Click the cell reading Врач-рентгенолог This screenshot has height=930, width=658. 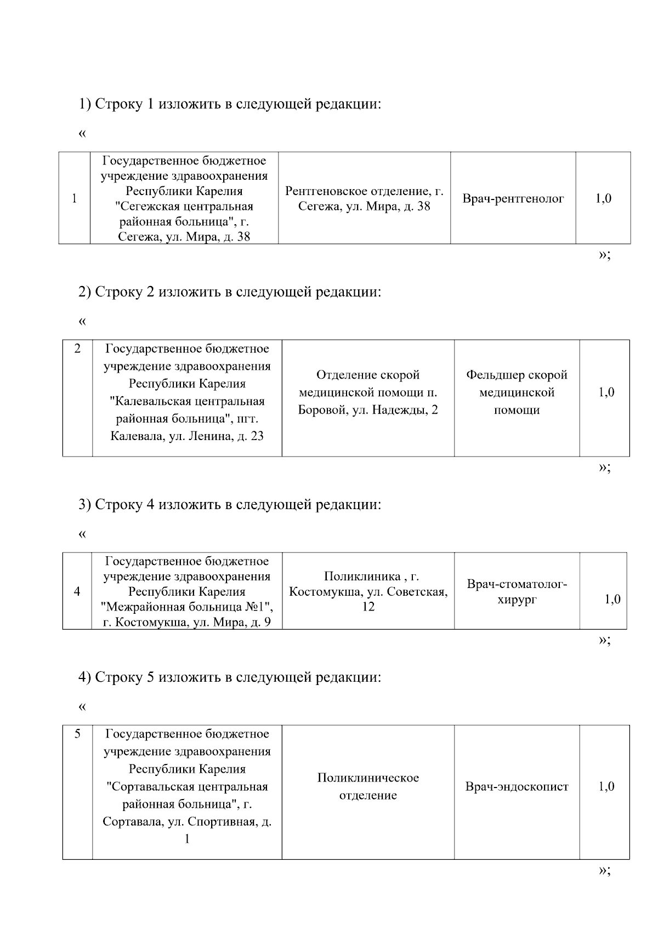[513, 199]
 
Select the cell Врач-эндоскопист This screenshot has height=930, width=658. [517, 787]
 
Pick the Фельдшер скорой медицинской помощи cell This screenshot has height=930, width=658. [517, 392]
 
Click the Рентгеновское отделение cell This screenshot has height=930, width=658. [364, 199]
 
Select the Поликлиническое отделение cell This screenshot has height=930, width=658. [368, 787]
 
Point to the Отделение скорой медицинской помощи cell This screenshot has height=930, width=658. [368, 392]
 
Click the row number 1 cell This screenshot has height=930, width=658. [74, 198]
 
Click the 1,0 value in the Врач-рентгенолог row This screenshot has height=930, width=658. [603, 199]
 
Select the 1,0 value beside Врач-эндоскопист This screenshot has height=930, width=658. [606, 787]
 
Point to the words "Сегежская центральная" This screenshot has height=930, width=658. [187, 207]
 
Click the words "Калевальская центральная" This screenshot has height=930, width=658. [187, 401]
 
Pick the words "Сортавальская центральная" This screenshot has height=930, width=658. [187, 787]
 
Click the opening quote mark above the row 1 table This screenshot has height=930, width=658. [83, 134]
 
